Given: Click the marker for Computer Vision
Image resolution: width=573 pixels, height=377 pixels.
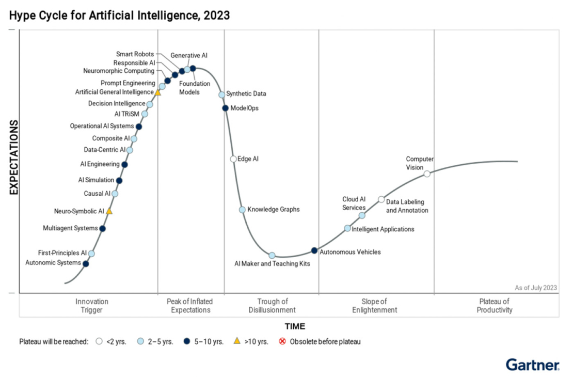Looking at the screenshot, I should click(427, 174).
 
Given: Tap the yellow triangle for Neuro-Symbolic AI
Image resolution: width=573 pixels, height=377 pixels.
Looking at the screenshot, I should click(109, 211).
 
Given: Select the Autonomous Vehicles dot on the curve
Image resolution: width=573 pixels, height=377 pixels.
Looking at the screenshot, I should click(314, 250).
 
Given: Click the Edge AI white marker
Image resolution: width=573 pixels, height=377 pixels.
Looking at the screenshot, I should click(233, 159).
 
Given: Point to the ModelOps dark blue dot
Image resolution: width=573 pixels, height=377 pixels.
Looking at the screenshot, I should click(225, 108).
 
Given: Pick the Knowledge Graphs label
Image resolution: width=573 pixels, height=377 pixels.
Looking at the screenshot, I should click(273, 210).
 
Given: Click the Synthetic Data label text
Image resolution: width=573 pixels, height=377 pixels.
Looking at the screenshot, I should click(246, 94).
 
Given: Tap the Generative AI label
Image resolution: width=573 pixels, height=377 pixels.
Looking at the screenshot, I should click(189, 55).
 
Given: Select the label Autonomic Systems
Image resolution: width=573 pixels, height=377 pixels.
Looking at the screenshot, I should click(53, 263).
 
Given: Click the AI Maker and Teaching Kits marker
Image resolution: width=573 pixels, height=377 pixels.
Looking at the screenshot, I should click(272, 255).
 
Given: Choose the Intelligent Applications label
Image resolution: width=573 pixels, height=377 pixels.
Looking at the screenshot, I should click(383, 229).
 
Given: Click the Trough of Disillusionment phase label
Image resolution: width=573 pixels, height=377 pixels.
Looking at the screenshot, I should click(272, 306).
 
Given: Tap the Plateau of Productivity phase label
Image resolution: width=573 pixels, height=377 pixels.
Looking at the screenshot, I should click(495, 306).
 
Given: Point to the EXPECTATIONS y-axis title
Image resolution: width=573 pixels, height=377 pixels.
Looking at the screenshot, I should click(14, 158).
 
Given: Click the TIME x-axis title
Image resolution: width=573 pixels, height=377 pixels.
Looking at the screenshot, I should click(295, 326).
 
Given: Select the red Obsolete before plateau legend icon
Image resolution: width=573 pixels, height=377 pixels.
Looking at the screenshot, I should click(282, 341).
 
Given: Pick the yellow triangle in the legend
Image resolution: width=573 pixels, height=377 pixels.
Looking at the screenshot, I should click(237, 341).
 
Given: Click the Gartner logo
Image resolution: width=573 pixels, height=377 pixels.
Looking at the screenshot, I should click(532, 365).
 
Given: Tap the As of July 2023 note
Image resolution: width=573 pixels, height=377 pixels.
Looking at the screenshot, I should click(535, 288).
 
